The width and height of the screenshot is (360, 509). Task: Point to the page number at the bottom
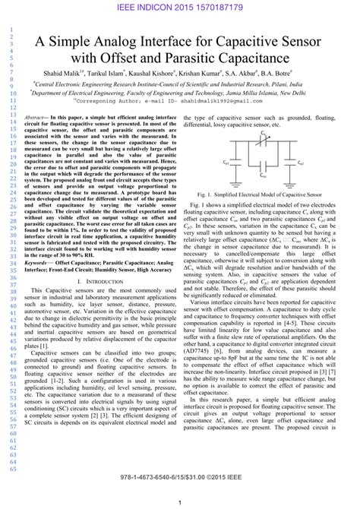pos(179,502)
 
